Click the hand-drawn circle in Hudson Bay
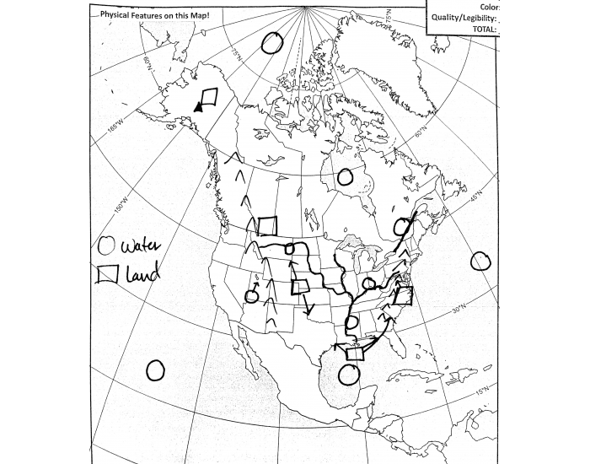click(x=345, y=177)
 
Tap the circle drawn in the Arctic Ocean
click(x=271, y=44)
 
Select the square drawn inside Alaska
click(x=209, y=96)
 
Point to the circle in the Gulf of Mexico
click(x=346, y=373)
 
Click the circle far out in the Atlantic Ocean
click(x=480, y=261)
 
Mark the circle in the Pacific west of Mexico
click(x=155, y=370)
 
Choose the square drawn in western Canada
click(x=268, y=225)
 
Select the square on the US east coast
click(x=403, y=295)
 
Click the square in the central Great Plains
click(x=299, y=287)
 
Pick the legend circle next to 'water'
click(x=106, y=246)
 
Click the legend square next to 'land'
click(x=106, y=275)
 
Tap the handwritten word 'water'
click(x=139, y=248)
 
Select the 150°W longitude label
click(x=120, y=205)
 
